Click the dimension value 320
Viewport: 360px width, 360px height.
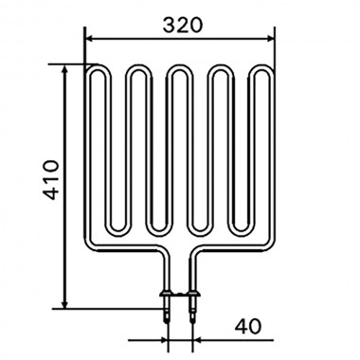(x=181, y=26)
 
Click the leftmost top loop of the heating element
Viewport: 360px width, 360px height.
(x=98, y=71)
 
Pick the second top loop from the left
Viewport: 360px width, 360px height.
(x=139, y=71)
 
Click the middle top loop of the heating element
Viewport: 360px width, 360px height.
(x=180, y=71)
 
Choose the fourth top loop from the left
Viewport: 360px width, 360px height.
(x=222, y=71)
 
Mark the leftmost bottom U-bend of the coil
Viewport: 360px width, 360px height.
(x=118, y=230)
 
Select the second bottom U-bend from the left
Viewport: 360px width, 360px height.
(x=159, y=230)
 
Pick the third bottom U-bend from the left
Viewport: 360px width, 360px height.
(x=201, y=230)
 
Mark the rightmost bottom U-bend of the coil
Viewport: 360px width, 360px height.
(x=242, y=230)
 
